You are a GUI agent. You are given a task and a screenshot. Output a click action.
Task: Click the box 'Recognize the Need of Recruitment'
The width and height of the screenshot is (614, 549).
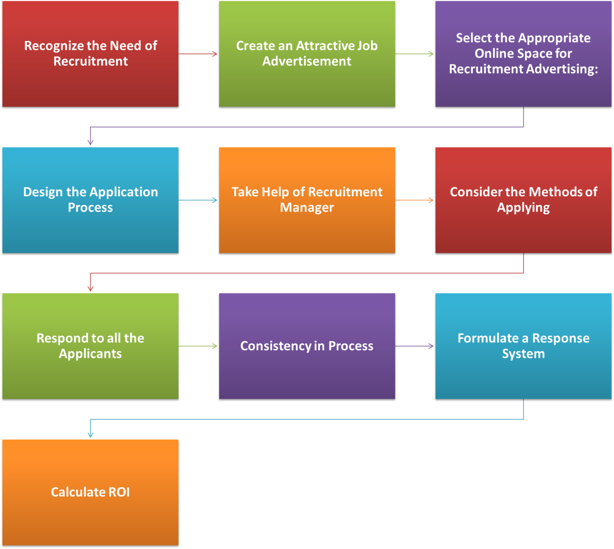pyautogui.click(x=90, y=54)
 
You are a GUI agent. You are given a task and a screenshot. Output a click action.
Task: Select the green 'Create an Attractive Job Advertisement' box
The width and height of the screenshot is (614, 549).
pyautogui.click(x=307, y=54)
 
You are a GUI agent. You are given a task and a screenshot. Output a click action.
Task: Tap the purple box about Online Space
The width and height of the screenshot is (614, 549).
pyautogui.click(x=523, y=54)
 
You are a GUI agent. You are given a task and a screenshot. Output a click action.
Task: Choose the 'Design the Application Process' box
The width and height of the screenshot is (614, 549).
pyautogui.click(x=90, y=200)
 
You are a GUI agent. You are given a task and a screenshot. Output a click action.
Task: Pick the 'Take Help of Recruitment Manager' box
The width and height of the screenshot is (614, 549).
pyautogui.click(x=307, y=200)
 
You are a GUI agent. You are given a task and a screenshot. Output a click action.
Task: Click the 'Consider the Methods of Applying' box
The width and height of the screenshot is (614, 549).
pyautogui.click(x=523, y=200)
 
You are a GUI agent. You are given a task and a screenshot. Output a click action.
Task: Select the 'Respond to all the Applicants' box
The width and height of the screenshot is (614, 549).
pyautogui.click(x=90, y=346)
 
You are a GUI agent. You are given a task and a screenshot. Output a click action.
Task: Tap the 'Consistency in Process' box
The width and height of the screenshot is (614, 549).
pyautogui.click(x=307, y=346)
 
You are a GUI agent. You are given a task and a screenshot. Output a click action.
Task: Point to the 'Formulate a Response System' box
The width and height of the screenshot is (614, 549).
pyautogui.click(x=523, y=346)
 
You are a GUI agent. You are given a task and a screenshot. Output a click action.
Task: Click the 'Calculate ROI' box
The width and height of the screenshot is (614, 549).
pyautogui.click(x=90, y=492)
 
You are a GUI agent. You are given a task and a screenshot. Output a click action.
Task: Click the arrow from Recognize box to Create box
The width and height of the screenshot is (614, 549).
pyautogui.click(x=198, y=54)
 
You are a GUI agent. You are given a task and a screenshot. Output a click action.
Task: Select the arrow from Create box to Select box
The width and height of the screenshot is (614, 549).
pyautogui.click(x=415, y=54)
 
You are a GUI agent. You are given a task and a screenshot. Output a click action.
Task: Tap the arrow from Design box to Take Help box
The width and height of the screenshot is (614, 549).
pyautogui.click(x=198, y=200)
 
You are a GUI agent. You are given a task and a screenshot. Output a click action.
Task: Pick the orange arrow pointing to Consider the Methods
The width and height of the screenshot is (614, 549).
pyautogui.click(x=415, y=200)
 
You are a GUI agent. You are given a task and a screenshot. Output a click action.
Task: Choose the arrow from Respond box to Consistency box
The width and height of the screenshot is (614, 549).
pyautogui.click(x=198, y=346)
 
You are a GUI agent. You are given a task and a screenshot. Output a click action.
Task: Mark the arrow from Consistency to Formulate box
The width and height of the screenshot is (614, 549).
pyautogui.click(x=415, y=346)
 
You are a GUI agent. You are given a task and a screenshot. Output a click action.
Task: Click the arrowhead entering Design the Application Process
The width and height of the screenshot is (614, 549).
pyautogui.click(x=90, y=142)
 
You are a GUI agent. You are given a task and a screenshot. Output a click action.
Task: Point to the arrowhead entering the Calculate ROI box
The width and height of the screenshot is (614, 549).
pyautogui.click(x=90, y=435)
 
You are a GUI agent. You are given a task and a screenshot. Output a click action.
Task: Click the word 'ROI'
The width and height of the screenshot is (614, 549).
pyautogui.click(x=119, y=492)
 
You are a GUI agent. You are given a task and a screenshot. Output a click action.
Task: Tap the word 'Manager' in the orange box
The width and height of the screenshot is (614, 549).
pyautogui.click(x=307, y=208)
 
